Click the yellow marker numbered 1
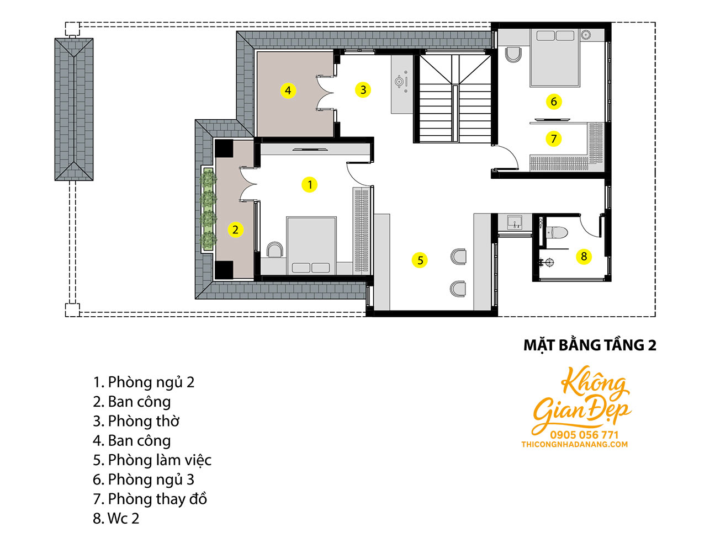[309, 184]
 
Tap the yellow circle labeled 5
[420, 260]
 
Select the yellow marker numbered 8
[584, 257]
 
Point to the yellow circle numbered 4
[288, 90]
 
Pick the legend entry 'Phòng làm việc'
[152, 460]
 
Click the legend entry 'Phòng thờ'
[136, 421]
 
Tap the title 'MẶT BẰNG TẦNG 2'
[590, 345]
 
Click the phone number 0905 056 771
[584, 435]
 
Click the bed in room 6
[555, 58]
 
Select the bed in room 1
[311, 246]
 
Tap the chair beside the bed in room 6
[513, 55]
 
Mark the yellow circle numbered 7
[553, 139]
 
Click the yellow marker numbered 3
[363, 89]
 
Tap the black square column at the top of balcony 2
[224, 148]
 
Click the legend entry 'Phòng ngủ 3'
[144, 480]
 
